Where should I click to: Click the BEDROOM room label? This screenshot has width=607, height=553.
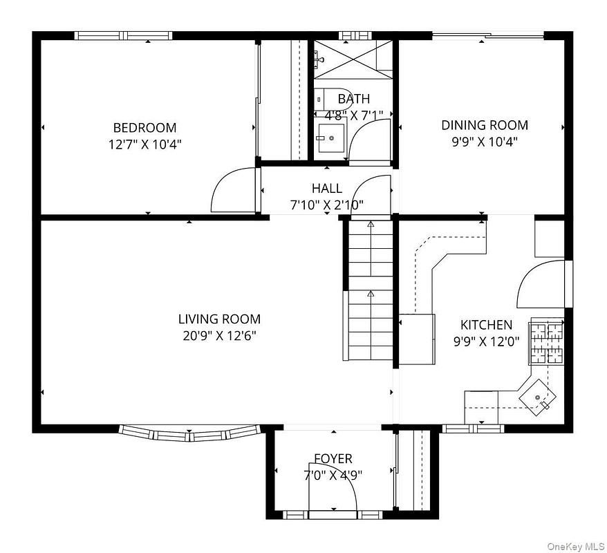[144, 127]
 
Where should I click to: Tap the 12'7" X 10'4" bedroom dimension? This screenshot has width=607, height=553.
[144, 144]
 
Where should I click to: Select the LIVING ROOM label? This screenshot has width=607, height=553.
[219, 319]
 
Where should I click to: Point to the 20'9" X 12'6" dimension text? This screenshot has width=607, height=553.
[219, 335]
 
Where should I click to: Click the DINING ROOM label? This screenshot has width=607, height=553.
[485, 125]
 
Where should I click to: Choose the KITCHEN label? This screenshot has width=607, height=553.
[486, 324]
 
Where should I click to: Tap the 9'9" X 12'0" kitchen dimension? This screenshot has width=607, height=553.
[486, 341]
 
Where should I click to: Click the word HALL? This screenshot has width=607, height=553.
[327, 189]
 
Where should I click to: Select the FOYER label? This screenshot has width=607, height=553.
[333, 458]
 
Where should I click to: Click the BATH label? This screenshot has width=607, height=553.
[354, 99]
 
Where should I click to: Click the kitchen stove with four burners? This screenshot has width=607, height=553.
[547, 341]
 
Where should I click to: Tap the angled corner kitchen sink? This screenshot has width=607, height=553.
[537, 397]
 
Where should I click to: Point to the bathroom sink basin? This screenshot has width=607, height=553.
[331, 138]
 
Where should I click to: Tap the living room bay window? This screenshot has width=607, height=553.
[189, 434]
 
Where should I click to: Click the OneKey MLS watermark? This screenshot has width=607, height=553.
[576, 547]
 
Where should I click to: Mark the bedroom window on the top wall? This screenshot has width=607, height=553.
[124, 36]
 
